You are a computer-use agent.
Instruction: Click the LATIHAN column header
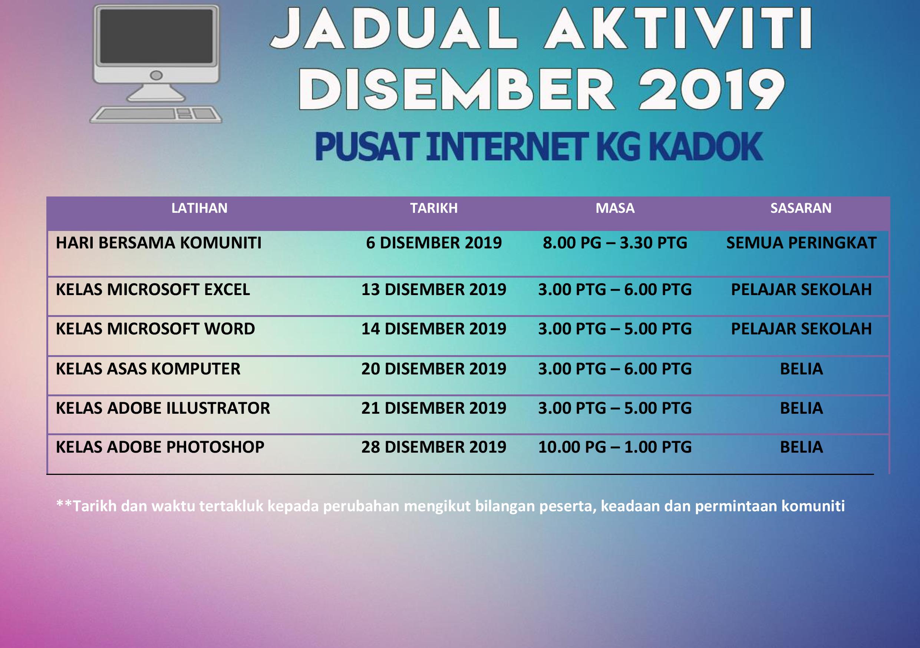click(199, 208)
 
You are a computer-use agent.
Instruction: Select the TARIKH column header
click(433, 208)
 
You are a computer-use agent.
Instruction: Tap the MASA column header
click(615, 208)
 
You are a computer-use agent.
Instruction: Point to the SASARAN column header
click(801, 208)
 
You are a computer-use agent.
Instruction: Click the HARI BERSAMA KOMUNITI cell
click(159, 243)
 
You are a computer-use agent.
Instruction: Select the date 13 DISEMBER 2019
click(433, 290)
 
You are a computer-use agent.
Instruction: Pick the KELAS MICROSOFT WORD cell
click(155, 329)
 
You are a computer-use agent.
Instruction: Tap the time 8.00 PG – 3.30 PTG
click(615, 243)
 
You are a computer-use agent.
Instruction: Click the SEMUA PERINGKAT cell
click(801, 243)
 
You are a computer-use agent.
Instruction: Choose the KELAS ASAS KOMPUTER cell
click(148, 369)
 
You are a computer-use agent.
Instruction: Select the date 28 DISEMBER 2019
click(433, 447)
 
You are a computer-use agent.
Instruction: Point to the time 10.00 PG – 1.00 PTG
click(615, 447)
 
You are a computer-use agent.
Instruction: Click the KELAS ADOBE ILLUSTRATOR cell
click(163, 408)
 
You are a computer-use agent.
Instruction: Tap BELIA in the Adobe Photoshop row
click(801, 447)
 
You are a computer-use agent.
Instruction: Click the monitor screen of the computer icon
click(156, 36)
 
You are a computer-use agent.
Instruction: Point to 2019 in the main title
click(711, 89)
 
